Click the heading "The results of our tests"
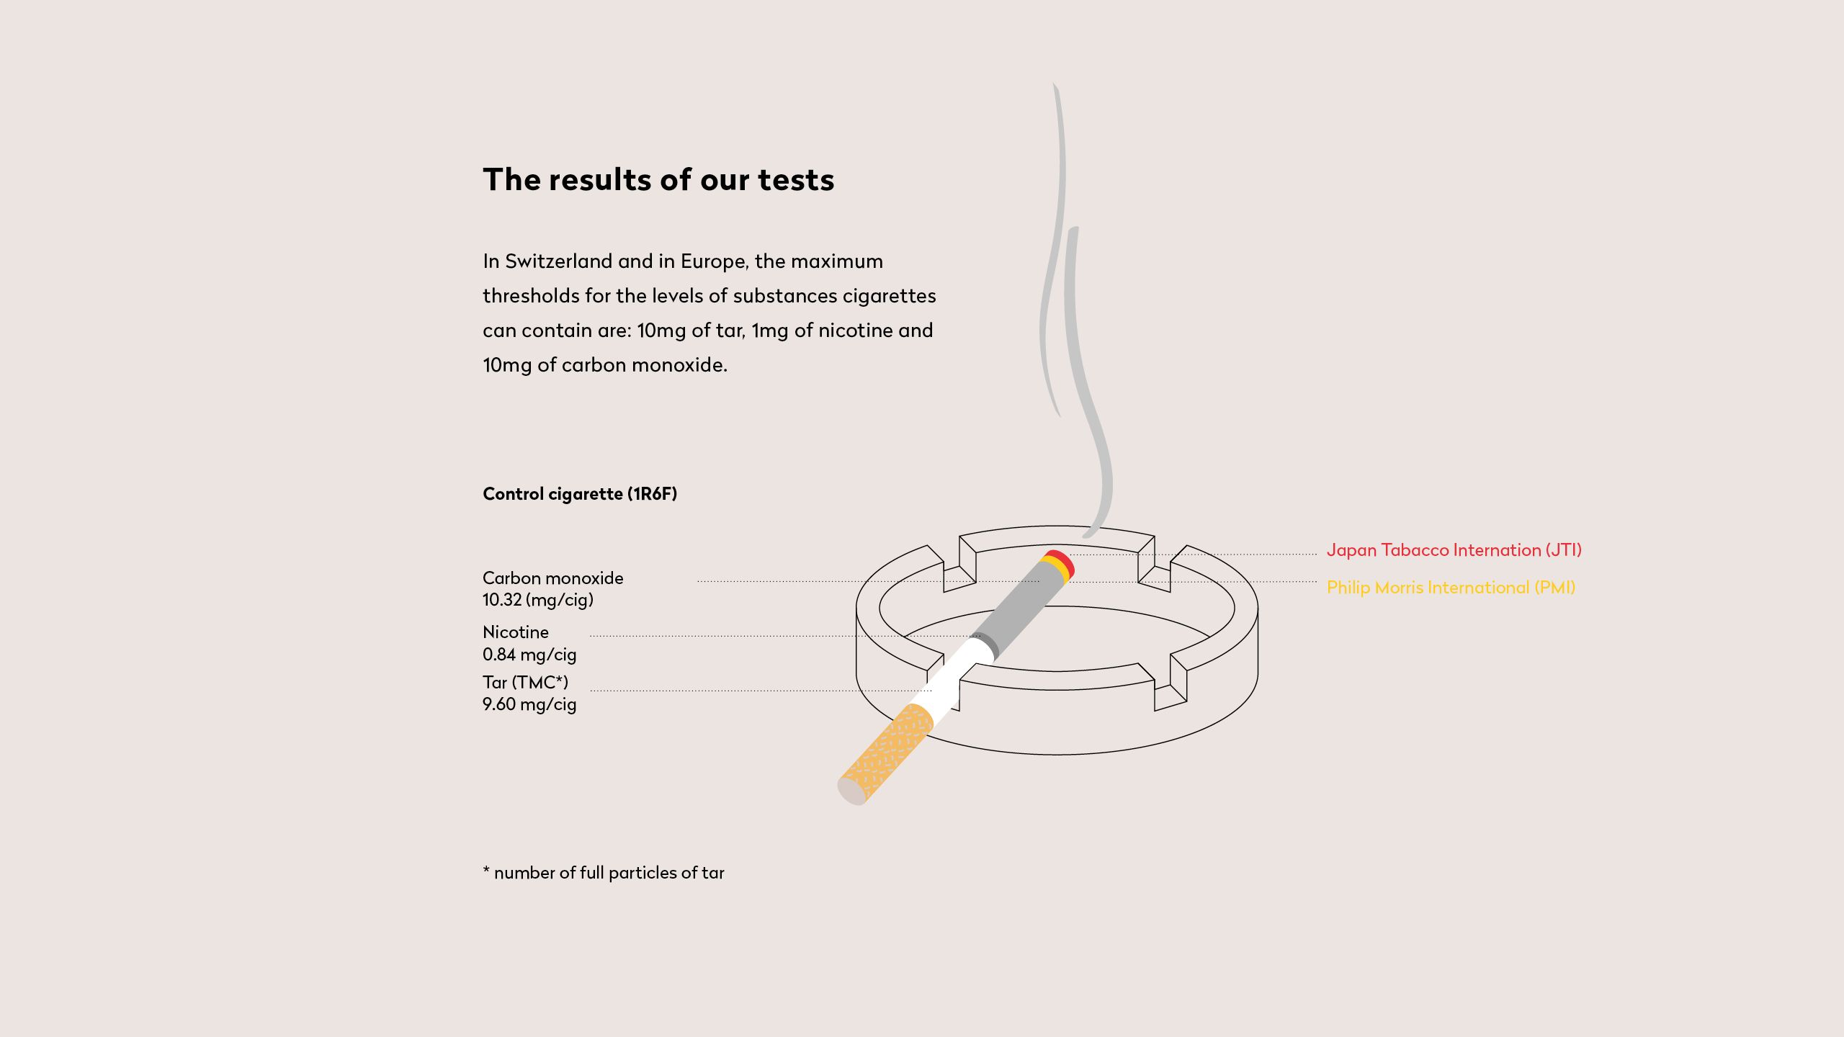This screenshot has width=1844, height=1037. coord(658,179)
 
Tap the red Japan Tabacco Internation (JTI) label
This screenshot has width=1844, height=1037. coord(1454,550)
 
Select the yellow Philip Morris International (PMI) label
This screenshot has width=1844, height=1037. coord(1451,588)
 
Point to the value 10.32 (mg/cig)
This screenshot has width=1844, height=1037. coord(538,600)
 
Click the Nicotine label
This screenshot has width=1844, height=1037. coord(516,632)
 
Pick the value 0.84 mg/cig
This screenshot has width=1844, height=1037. coord(529,655)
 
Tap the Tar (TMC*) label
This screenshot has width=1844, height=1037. coord(525,682)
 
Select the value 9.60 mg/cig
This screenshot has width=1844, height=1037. coord(529,704)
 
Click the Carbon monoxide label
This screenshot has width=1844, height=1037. coord(553,578)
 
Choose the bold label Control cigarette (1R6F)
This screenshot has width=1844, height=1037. coord(580,494)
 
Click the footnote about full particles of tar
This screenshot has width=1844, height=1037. coord(604,873)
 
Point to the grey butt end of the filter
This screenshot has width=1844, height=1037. coord(852,792)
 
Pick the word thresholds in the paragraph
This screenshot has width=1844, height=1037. coord(531,295)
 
